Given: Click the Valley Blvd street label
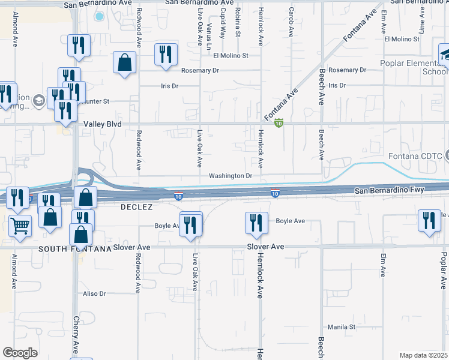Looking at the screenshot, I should [103, 124].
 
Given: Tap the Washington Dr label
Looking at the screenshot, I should [230, 176].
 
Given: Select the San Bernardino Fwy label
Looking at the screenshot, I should [389, 190].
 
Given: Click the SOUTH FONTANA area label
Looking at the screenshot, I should [75, 248].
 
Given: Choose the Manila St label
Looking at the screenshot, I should [342, 327].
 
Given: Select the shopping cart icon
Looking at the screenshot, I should [20, 226].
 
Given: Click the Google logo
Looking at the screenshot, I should [20, 353].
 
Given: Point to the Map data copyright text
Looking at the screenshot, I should [424, 355].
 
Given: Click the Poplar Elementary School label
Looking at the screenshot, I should [414, 67].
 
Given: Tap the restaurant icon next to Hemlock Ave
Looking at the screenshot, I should [256, 223].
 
